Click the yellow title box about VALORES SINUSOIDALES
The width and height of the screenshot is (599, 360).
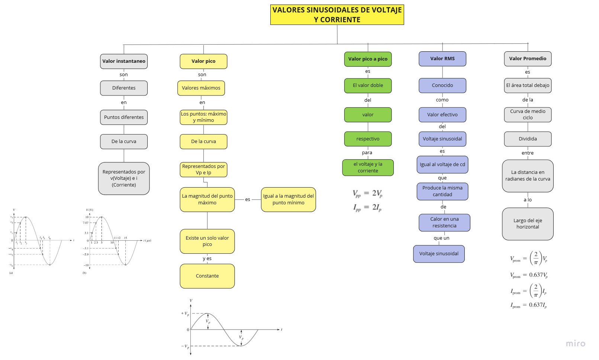(x=337, y=15)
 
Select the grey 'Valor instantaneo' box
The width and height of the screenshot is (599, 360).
(x=124, y=61)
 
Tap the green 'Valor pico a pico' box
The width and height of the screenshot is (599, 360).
(x=368, y=59)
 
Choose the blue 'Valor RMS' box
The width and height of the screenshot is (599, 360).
(x=442, y=59)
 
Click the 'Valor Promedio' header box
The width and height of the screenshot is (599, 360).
(x=527, y=59)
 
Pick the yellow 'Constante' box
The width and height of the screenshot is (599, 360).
(x=207, y=276)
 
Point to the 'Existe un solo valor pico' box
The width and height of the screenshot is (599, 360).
(x=207, y=241)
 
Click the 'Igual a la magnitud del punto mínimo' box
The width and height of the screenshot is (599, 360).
(x=288, y=200)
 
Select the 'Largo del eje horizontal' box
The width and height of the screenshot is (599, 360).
(x=527, y=224)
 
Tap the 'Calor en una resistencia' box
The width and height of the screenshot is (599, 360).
(x=444, y=223)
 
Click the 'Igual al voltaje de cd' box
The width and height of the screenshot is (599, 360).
(x=442, y=165)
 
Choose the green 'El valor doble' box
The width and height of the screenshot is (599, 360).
(x=368, y=85)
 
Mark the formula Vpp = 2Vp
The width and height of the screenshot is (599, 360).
(x=367, y=193)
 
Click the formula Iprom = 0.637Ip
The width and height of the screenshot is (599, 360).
(x=528, y=305)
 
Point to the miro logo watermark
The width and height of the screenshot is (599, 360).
(x=575, y=344)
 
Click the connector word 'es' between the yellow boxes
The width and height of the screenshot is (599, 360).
(x=248, y=200)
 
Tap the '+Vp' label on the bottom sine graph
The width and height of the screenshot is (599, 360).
(x=185, y=314)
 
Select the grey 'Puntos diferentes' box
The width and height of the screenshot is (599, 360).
(x=124, y=117)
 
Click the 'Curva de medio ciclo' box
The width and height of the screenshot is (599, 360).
(x=527, y=114)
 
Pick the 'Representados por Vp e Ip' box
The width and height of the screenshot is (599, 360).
(x=203, y=169)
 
